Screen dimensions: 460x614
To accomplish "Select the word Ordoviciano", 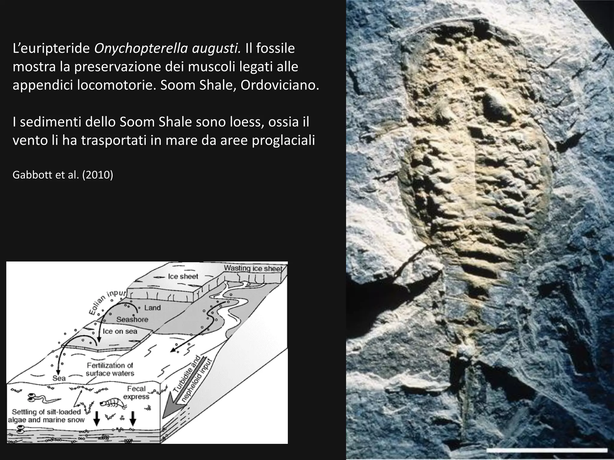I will [280, 85].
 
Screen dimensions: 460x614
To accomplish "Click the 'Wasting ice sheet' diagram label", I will [253, 268].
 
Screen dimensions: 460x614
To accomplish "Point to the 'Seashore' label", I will [132, 320].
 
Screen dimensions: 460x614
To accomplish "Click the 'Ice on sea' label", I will [120, 331].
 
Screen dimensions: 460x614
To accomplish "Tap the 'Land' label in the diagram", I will [152, 308].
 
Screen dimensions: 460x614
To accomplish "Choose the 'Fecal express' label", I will [136, 393].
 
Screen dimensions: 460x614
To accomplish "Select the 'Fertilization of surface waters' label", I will [110, 369].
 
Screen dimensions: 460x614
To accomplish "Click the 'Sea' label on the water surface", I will [59, 378].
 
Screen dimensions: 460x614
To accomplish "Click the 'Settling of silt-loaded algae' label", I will [46, 416].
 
